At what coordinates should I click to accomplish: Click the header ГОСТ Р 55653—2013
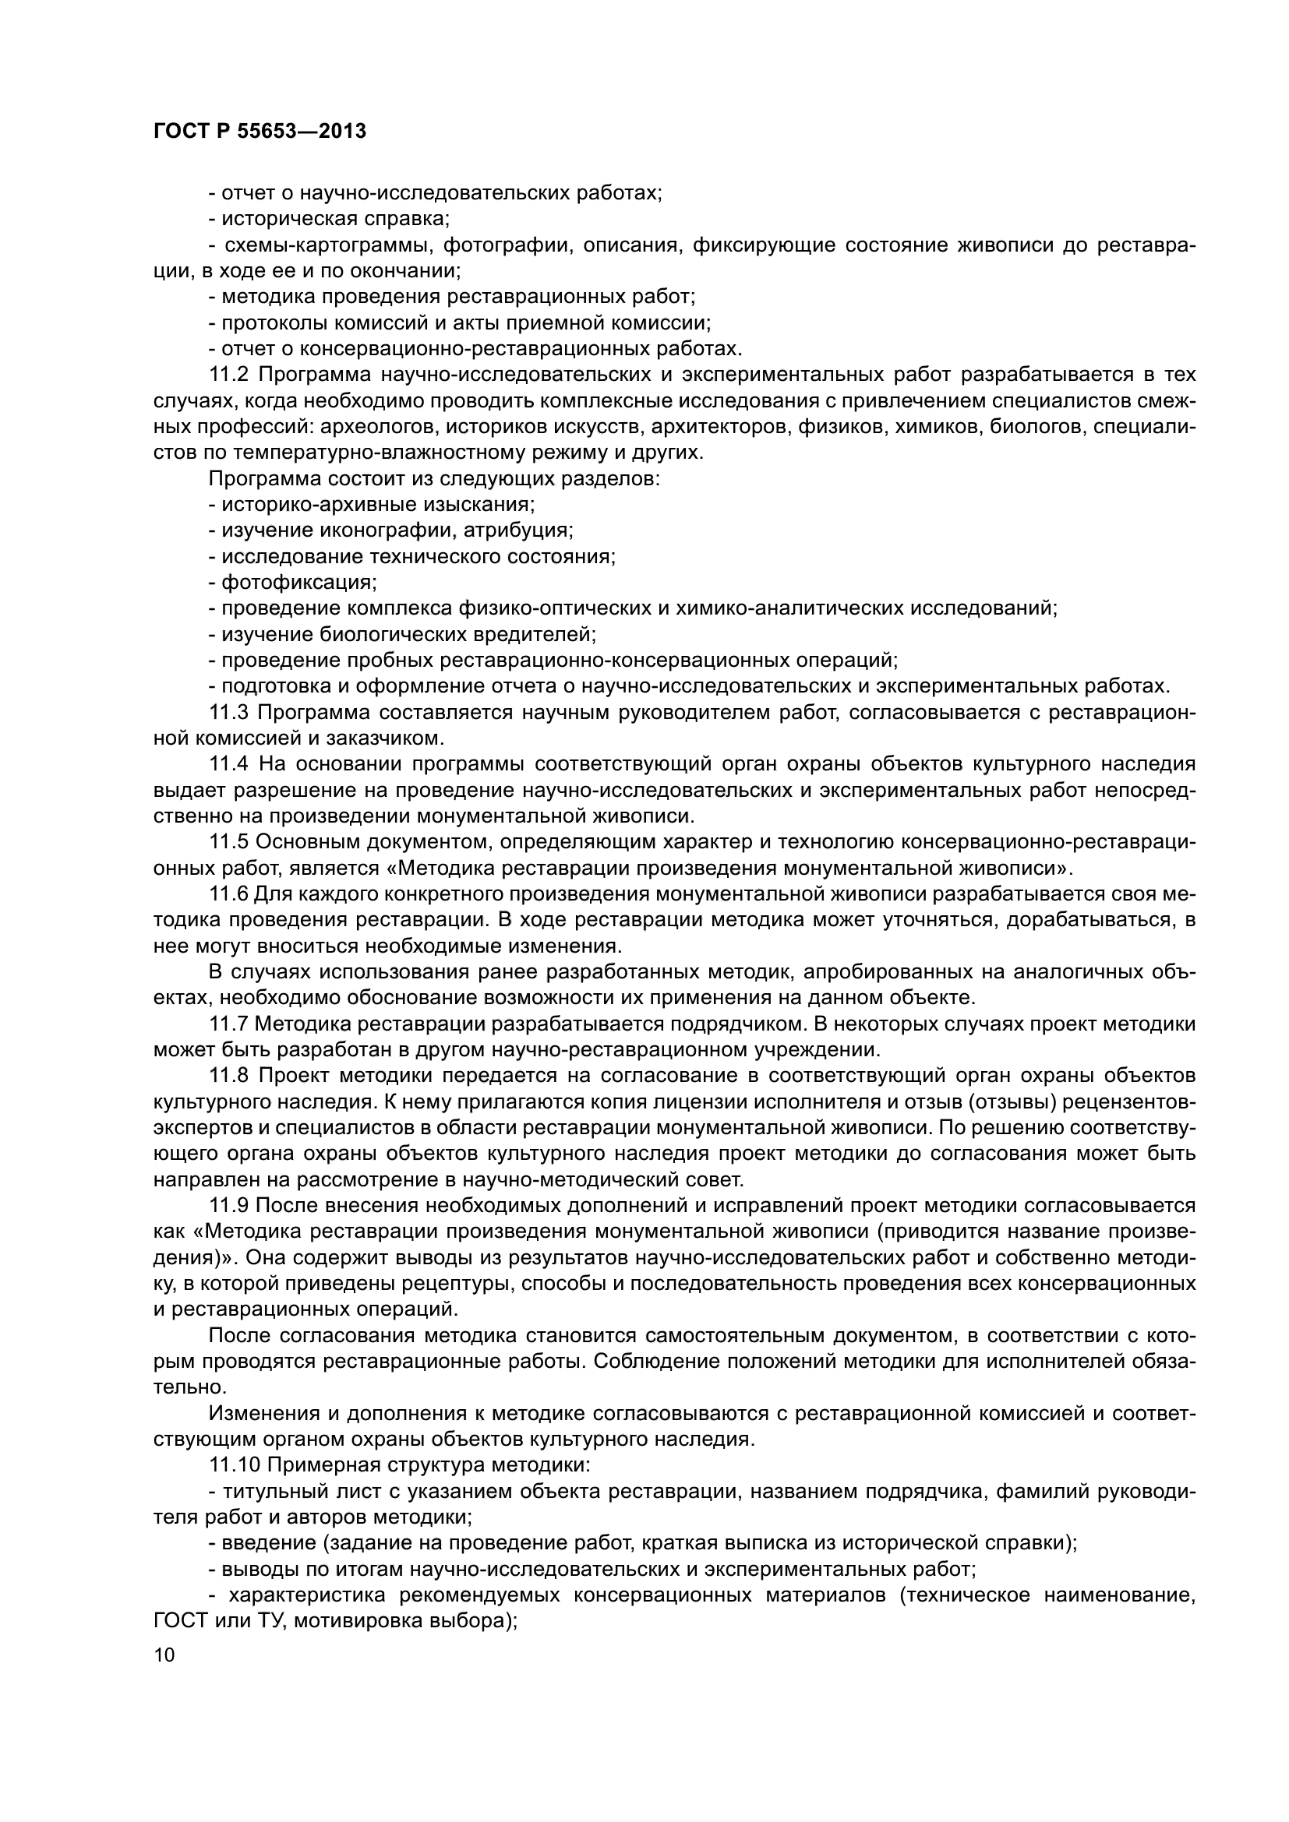[x=260, y=131]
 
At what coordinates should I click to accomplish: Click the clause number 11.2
[x=228, y=375]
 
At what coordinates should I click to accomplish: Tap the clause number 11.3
[x=228, y=713]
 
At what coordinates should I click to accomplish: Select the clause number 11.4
[x=228, y=764]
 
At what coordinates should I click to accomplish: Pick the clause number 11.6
[x=228, y=893]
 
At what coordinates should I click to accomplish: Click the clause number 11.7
[x=228, y=1024]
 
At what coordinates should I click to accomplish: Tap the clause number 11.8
[x=228, y=1075]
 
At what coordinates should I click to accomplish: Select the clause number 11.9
[x=228, y=1205]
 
